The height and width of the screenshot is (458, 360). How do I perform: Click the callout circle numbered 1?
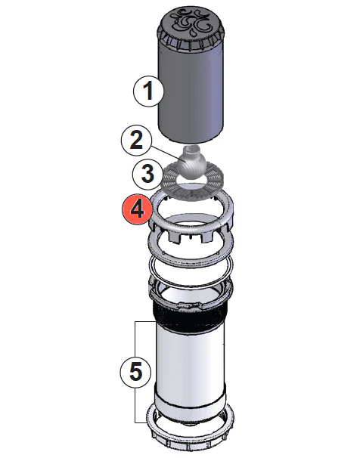tap(148, 92)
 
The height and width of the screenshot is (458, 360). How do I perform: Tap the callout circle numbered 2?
tap(136, 140)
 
